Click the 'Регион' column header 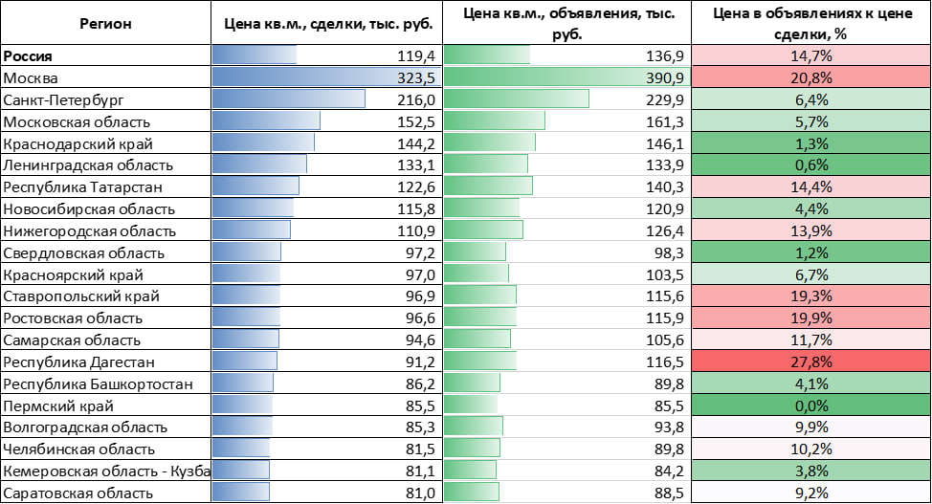click(x=105, y=23)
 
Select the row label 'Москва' click(x=32, y=77)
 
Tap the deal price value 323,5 click(x=415, y=77)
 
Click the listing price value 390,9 click(x=664, y=77)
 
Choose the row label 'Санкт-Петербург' click(x=64, y=99)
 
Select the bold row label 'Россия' click(x=28, y=56)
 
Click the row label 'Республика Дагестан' click(x=79, y=362)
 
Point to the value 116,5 click(x=664, y=362)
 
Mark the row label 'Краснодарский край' click(x=78, y=143)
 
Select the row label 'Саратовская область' click(x=78, y=493)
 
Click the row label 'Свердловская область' click(x=84, y=253)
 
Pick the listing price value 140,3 click(x=664, y=186)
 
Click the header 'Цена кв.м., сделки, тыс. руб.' click(x=327, y=23)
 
